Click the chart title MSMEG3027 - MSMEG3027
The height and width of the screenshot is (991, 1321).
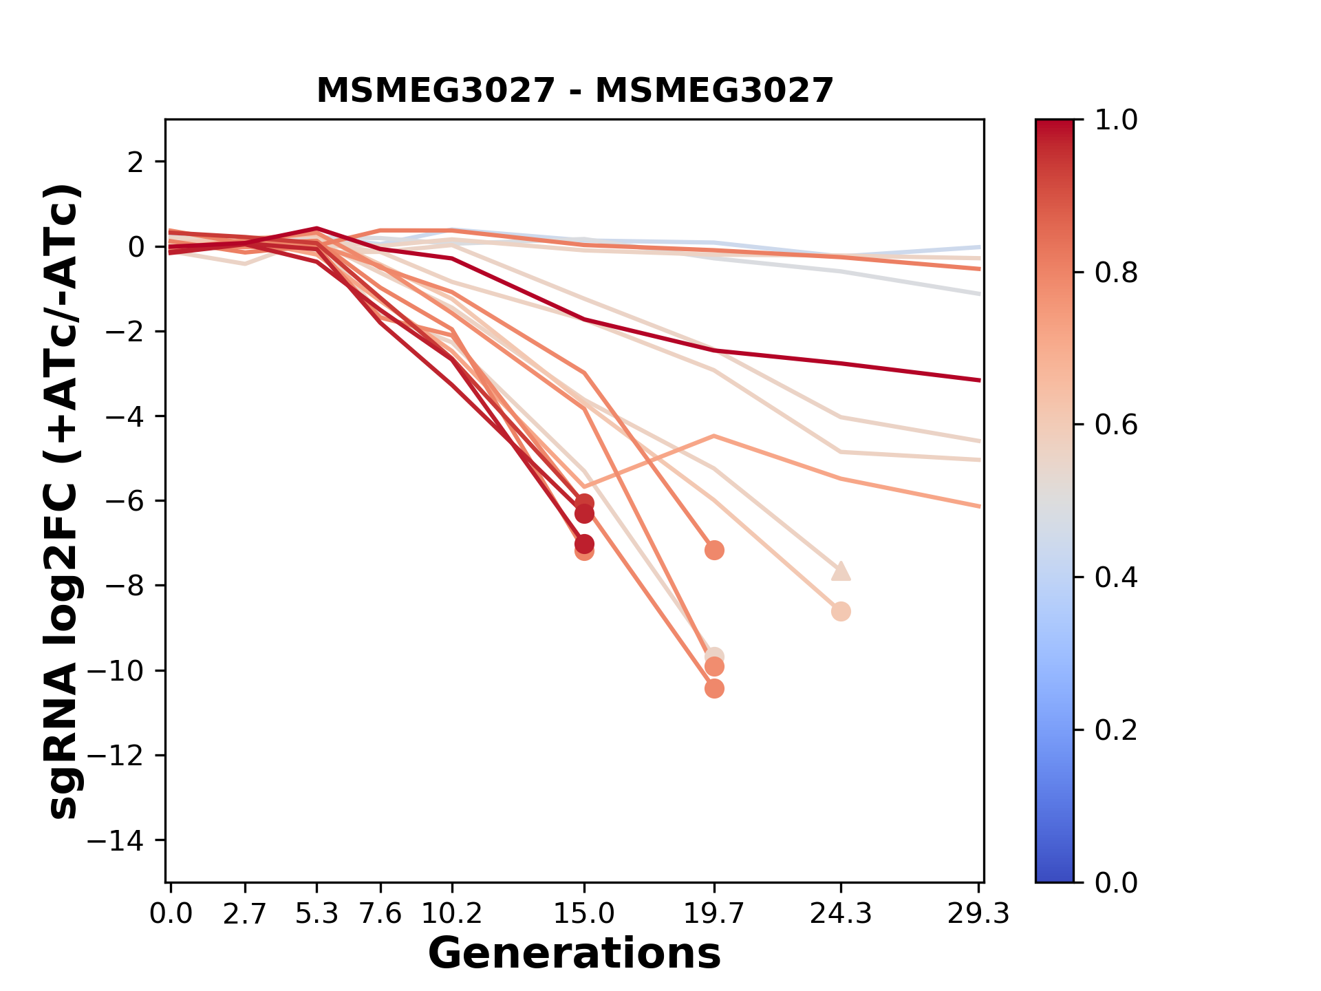click(574, 91)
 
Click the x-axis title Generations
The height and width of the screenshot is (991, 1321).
click(574, 954)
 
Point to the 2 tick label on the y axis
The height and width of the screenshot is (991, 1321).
click(136, 162)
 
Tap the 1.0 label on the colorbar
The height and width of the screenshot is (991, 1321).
click(1116, 120)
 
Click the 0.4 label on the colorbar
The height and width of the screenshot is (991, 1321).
click(1116, 577)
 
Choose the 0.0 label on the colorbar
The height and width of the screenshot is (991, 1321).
click(1116, 882)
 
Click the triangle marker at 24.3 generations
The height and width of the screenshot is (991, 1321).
click(841, 571)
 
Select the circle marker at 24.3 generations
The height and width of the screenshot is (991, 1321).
click(841, 611)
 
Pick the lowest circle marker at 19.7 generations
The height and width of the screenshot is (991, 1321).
click(714, 688)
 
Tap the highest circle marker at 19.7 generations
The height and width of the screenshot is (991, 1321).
click(714, 550)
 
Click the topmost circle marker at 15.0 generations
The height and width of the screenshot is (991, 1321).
click(584, 503)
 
